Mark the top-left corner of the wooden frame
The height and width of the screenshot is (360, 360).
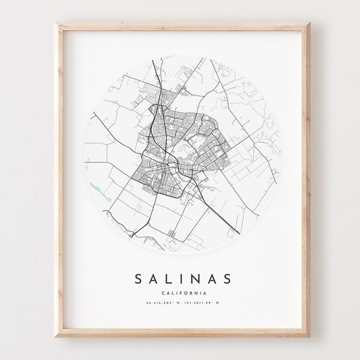coord(58,23)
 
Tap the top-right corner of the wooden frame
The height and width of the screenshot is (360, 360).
coord(303,23)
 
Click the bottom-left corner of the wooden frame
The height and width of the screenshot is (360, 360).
coord(58,335)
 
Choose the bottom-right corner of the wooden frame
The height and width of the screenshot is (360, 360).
coord(303,335)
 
